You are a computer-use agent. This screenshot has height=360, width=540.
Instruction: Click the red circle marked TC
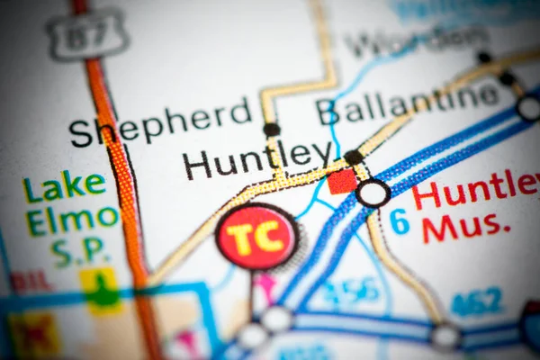[257, 237]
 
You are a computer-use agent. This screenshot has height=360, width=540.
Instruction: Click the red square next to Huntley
[342, 181]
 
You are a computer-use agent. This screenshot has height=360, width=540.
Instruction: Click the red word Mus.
[465, 228]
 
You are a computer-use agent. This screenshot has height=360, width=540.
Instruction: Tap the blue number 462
[476, 301]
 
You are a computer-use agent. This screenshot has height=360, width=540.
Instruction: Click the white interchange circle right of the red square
[373, 193]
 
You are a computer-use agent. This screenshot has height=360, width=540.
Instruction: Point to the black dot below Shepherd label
[271, 130]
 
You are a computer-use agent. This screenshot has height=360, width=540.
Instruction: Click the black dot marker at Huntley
[354, 157]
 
